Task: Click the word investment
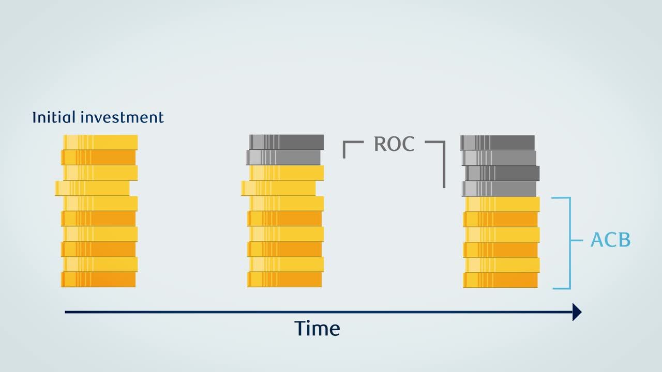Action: pyautogui.click(x=122, y=117)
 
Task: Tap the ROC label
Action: pyautogui.click(x=394, y=144)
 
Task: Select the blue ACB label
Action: pyautogui.click(x=610, y=240)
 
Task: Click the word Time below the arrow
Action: pyautogui.click(x=317, y=328)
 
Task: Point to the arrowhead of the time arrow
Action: pyautogui.click(x=577, y=312)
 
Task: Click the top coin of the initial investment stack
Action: pyautogui.click(x=100, y=142)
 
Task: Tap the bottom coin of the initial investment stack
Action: pyautogui.click(x=98, y=280)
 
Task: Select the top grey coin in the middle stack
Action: pyautogui.click(x=287, y=142)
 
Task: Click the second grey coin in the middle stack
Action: pyautogui.click(x=283, y=158)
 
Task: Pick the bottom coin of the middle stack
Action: pyautogui.click(x=284, y=280)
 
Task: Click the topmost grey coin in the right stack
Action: pyautogui.click(x=498, y=143)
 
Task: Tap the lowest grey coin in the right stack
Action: pyautogui.click(x=499, y=189)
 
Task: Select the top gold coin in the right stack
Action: pyautogui.click(x=502, y=204)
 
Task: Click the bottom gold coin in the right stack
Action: pyautogui.click(x=500, y=280)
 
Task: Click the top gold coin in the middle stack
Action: pyautogui.click(x=287, y=173)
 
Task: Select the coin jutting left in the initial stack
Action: pyautogui.click(x=92, y=188)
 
